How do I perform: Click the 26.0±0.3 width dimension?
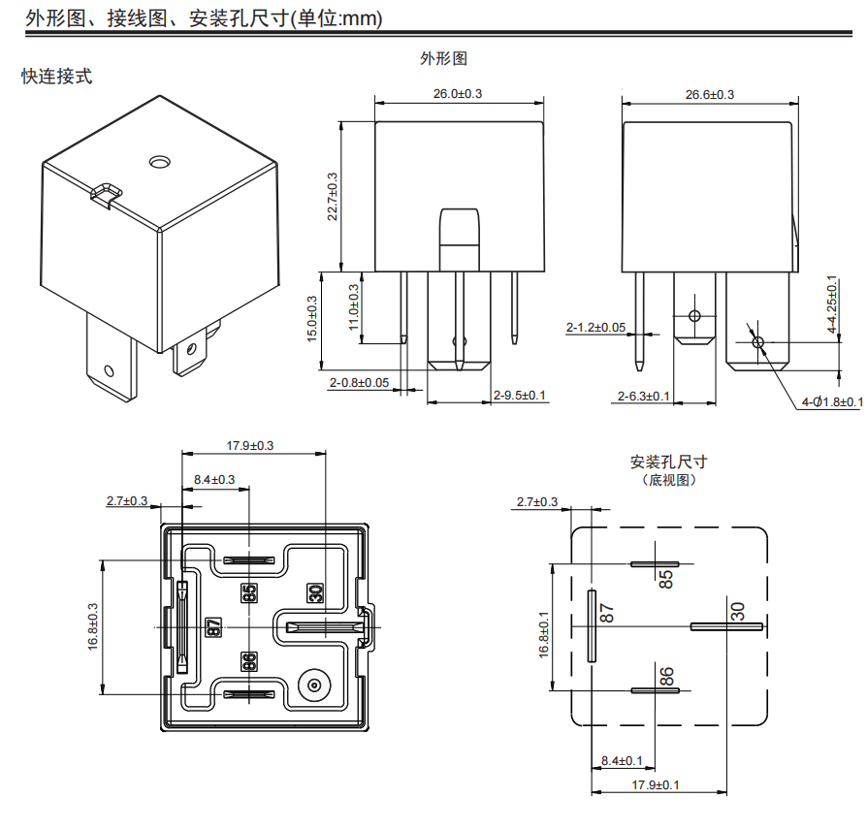(x=458, y=93)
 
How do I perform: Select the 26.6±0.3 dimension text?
(x=710, y=94)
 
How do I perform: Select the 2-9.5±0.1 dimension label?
(x=520, y=396)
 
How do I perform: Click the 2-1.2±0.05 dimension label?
(x=595, y=328)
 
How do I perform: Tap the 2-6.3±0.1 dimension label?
(x=644, y=396)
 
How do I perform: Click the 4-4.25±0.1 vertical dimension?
(x=832, y=305)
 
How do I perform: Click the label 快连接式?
(x=57, y=77)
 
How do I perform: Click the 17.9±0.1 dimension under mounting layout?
(x=656, y=783)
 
